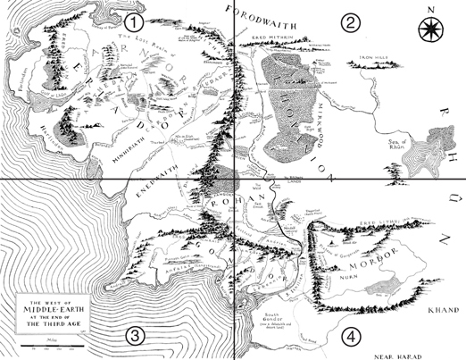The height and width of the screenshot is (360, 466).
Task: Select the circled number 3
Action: point(134,336)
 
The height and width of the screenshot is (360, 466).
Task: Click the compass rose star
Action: point(429,29)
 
